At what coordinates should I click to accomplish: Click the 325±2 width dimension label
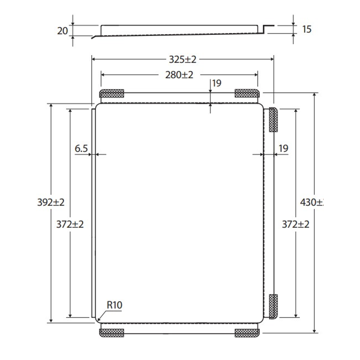click(x=183, y=60)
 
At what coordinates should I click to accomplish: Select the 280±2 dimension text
click(x=179, y=75)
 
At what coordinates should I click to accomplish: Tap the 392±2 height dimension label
click(x=51, y=202)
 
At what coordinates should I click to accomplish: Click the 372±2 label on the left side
click(x=70, y=224)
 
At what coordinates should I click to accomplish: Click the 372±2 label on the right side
click(x=296, y=224)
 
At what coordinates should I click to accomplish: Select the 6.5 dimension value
click(x=81, y=149)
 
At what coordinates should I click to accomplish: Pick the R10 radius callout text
click(x=114, y=305)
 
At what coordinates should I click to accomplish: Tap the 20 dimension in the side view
click(x=62, y=31)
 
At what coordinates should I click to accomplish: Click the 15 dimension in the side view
click(x=307, y=29)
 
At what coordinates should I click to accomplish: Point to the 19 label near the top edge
click(x=217, y=83)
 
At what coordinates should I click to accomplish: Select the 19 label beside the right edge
click(x=283, y=149)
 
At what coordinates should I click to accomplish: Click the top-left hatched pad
click(x=112, y=93)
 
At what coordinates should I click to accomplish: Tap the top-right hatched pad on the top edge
click(x=247, y=93)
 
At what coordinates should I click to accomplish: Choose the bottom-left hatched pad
click(x=112, y=333)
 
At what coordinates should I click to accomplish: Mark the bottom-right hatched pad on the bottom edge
click(x=247, y=333)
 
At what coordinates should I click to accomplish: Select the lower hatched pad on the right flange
click(x=273, y=306)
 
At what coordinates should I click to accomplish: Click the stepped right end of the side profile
click(x=266, y=29)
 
